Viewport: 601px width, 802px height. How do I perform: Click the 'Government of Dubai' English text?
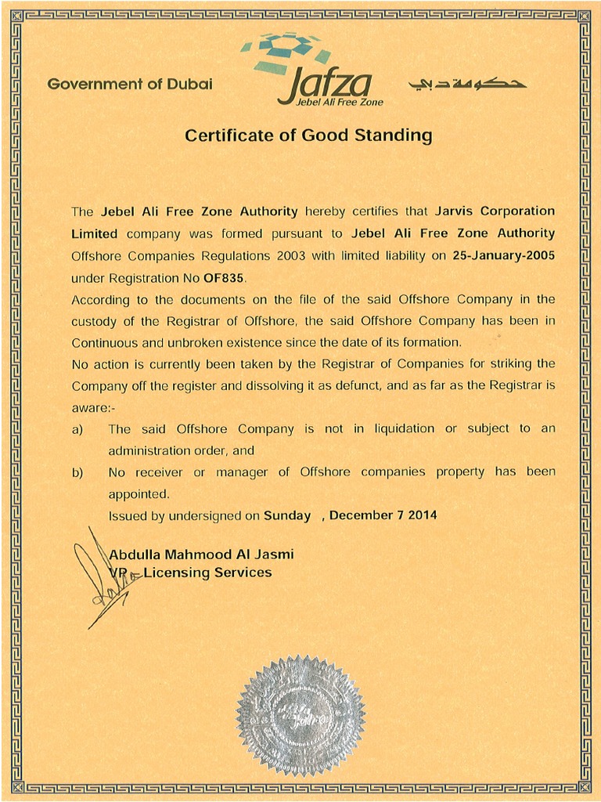[x=130, y=85]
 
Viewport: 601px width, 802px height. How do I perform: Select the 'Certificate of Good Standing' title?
[x=308, y=135]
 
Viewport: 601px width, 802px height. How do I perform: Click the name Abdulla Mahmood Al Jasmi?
[x=201, y=555]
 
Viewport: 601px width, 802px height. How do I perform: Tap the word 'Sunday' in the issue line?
[x=287, y=515]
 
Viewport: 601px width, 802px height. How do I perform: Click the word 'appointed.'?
[x=139, y=494]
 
